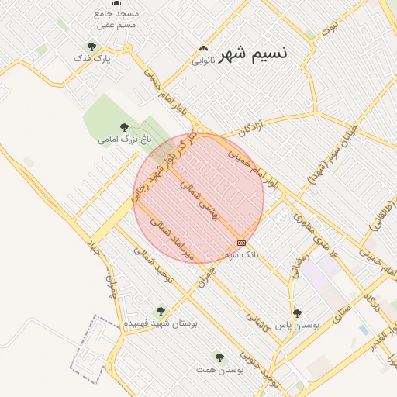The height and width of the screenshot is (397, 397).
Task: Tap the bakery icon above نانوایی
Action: tap(204, 47)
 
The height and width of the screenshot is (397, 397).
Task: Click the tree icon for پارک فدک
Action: tap(92, 47)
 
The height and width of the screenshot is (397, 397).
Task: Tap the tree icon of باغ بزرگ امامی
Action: tap(124, 127)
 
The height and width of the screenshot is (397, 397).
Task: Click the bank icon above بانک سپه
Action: tap(241, 243)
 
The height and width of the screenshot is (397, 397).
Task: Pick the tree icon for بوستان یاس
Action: tap(297, 313)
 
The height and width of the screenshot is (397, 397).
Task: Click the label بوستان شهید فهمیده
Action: tap(161, 322)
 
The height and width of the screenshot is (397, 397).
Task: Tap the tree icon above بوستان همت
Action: tap(219, 357)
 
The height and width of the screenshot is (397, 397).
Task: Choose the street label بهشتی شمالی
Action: tap(201, 202)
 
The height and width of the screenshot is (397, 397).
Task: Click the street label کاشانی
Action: tap(256, 321)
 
